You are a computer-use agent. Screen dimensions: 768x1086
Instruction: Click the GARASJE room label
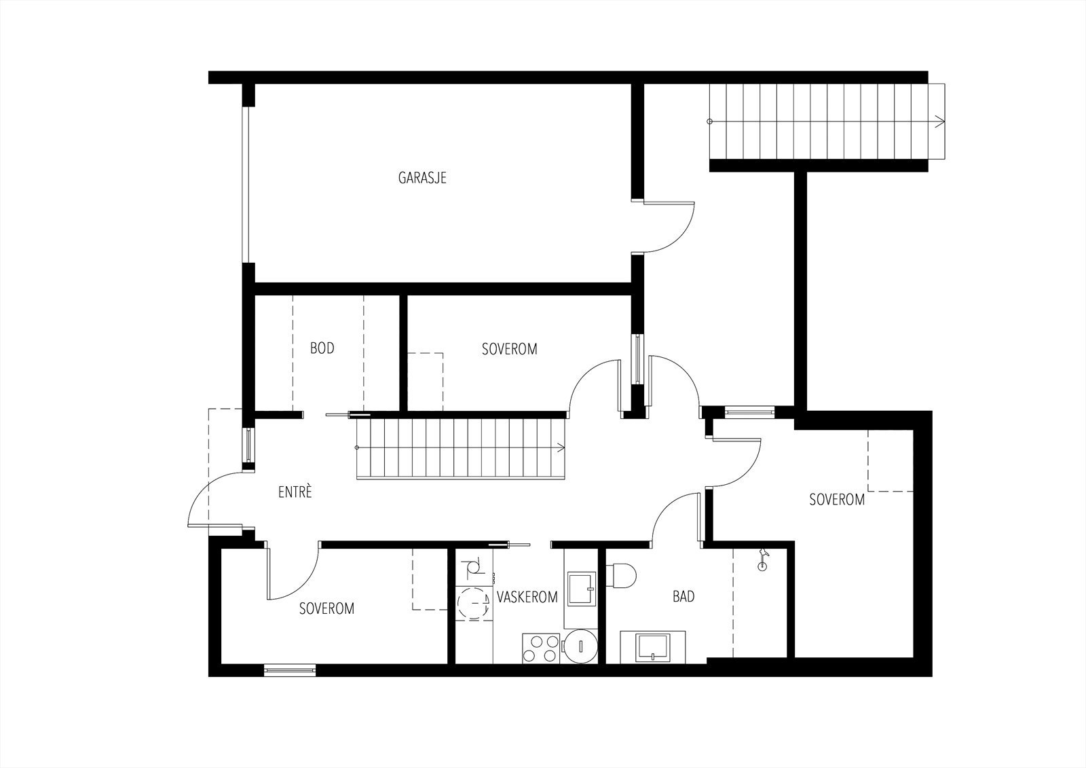[422, 179]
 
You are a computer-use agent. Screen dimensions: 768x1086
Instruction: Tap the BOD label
[322, 348]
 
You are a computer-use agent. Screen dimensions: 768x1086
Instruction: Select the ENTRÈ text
[295, 492]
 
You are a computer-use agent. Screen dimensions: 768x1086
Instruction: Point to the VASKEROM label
[527, 598]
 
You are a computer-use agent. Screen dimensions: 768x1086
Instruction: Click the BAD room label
[684, 597]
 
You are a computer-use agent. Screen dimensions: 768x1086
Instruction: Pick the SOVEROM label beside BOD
[509, 349]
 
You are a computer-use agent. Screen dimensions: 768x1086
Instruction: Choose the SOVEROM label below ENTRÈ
[326, 608]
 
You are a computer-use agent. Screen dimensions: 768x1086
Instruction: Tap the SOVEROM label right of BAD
[837, 500]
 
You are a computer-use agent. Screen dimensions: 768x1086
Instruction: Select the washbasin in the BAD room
[652, 646]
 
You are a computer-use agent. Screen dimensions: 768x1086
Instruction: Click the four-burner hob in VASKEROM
[541, 648]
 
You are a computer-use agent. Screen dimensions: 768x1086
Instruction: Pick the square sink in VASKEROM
[581, 588]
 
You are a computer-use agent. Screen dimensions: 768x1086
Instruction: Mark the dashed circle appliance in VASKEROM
[472, 603]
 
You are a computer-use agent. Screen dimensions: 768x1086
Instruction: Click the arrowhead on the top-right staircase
[939, 122]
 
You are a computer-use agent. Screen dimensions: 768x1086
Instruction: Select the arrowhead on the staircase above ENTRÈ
[561, 447]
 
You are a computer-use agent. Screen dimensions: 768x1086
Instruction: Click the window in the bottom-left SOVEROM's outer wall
[290, 671]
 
